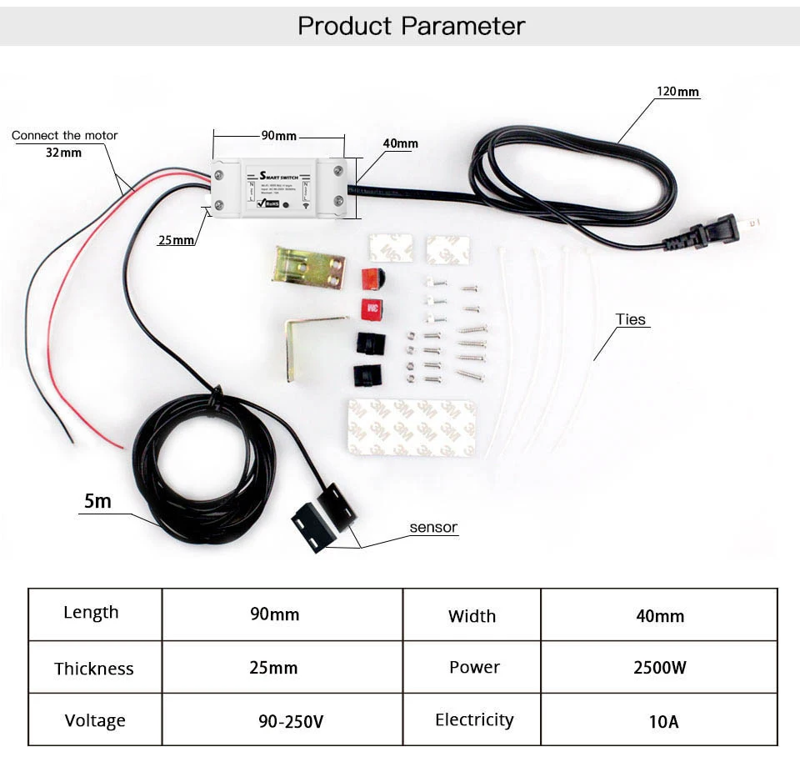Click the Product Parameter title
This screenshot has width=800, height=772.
point(411,26)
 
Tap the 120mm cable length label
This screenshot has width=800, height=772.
point(677,92)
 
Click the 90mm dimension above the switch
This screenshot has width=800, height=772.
point(279,136)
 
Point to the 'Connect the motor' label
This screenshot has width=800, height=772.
point(65,135)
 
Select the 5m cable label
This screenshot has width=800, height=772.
point(97,501)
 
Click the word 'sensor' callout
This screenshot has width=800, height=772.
point(433,527)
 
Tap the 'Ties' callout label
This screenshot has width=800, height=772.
point(631,319)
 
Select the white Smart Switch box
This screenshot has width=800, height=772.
point(278,188)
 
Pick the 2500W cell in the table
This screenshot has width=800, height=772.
point(659,668)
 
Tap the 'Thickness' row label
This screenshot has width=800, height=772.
point(94,669)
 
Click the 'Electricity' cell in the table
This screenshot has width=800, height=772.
point(474,719)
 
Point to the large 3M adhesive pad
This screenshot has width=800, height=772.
point(412,428)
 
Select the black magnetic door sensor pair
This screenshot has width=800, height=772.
point(324,518)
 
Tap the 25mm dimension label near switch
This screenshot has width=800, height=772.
point(176,240)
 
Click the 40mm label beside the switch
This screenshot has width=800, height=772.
point(400,143)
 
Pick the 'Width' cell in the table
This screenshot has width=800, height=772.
point(472,616)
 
